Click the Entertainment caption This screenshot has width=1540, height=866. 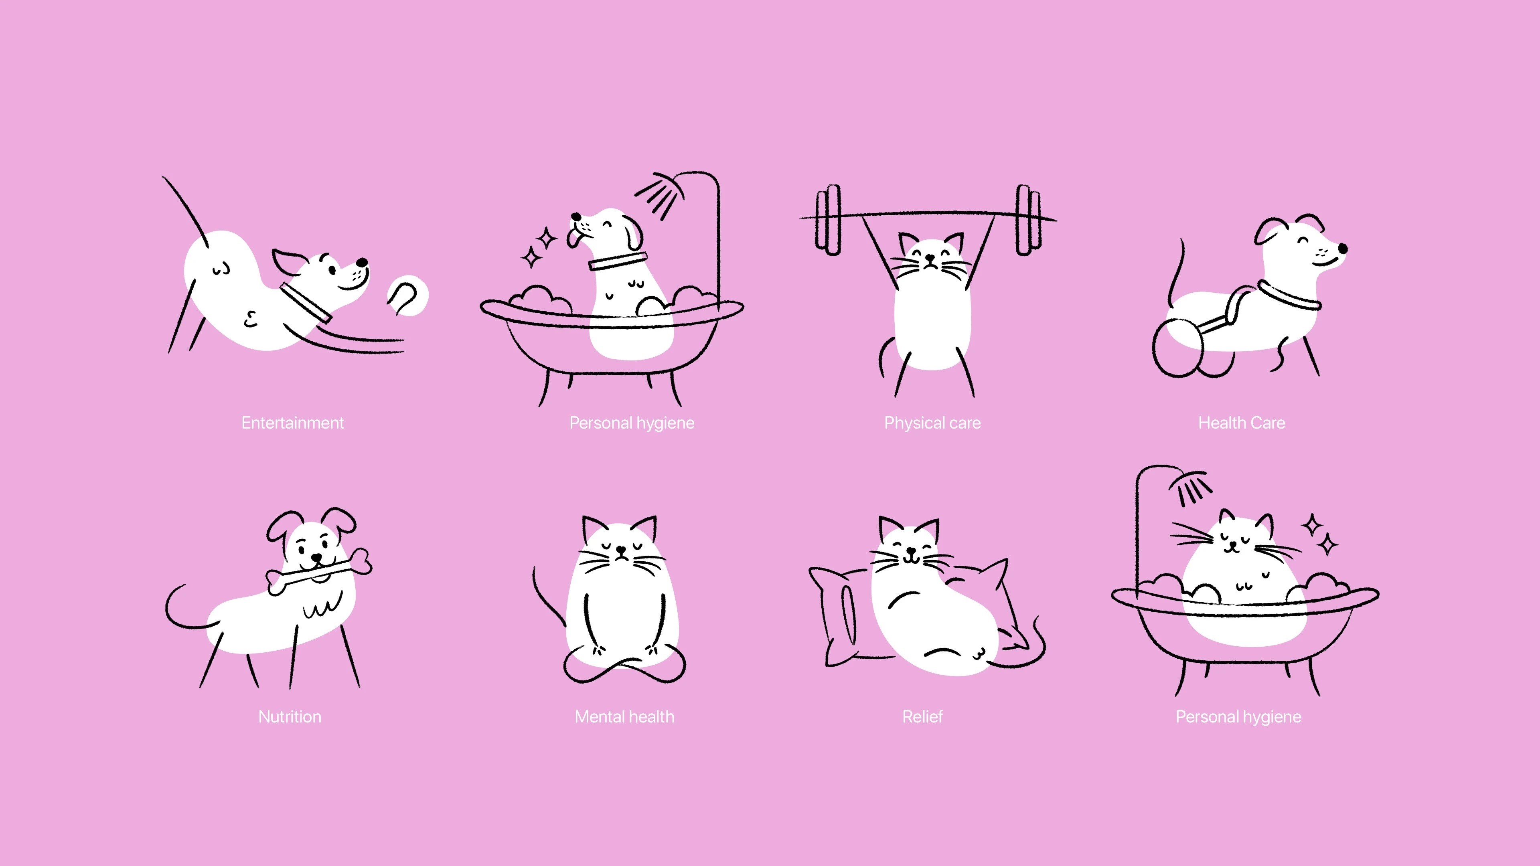point(292,423)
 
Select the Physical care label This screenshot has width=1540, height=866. point(932,423)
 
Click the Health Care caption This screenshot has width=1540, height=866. point(1241,423)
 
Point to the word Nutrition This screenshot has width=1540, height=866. point(290,716)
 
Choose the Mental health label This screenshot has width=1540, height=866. point(624,716)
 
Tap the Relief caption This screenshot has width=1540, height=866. point(922,716)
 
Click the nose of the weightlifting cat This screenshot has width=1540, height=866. point(930,258)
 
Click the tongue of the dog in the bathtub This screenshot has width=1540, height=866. point(575,239)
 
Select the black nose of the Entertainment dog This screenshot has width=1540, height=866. point(362,262)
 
